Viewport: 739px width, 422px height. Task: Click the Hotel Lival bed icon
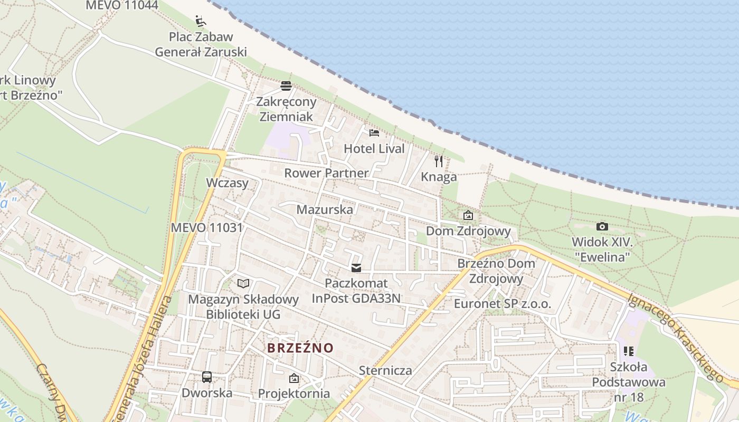(x=374, y=132)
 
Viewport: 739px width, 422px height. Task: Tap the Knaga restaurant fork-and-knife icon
(x=439, y=161)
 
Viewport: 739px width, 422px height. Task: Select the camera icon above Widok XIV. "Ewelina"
(x=602, y=226)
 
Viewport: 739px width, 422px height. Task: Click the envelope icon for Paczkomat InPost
(x=356, y=268)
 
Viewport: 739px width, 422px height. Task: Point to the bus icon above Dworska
(x=207, y=377)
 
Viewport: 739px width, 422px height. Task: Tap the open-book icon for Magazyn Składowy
(x=243, y=284)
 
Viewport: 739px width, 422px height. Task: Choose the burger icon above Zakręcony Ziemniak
(x=286, y=85)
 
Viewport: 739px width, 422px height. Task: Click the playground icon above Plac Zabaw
(x=201, y=21)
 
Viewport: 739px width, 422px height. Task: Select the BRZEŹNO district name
(x=300, y=348)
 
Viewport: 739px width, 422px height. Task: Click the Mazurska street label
(x=325, y=209)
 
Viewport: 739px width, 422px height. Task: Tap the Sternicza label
(x=385, y=370)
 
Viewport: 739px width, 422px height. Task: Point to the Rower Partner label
(x=326, y=173)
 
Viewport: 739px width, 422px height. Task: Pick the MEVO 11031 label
(x=207, y=228)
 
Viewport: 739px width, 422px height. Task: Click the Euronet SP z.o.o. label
(x=503, y=304)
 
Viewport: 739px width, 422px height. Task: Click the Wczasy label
(x=228, y=183)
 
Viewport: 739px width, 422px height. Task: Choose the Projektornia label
(x=294, y=394)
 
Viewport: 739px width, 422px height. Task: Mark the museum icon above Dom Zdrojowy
(x=468, y=215)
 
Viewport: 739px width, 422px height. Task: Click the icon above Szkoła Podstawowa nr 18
(x=628, y=351)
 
